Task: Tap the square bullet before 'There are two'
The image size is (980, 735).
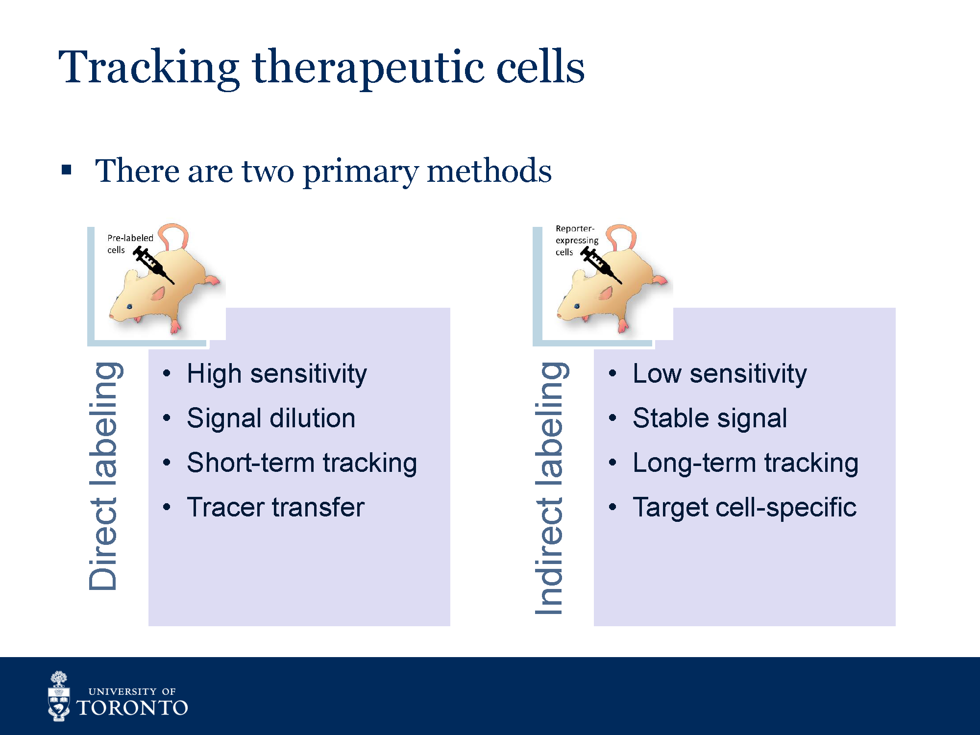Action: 67,171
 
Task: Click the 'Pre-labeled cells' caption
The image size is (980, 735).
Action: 129,244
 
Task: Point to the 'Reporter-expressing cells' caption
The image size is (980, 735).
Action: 576,240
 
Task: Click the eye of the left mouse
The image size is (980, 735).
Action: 129,306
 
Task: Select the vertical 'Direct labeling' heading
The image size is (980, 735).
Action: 104,475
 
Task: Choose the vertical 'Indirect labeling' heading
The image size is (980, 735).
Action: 550,488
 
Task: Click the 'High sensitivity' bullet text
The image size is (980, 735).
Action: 276,374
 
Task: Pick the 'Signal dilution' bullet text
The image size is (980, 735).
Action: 271,418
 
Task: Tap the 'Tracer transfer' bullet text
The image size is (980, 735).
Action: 275,507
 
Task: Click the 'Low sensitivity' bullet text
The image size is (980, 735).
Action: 719,374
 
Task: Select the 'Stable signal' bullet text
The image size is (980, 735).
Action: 710,418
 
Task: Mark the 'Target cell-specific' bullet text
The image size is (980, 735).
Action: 744,507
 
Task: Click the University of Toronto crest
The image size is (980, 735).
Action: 59,696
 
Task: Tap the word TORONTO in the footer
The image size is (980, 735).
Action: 132,708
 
